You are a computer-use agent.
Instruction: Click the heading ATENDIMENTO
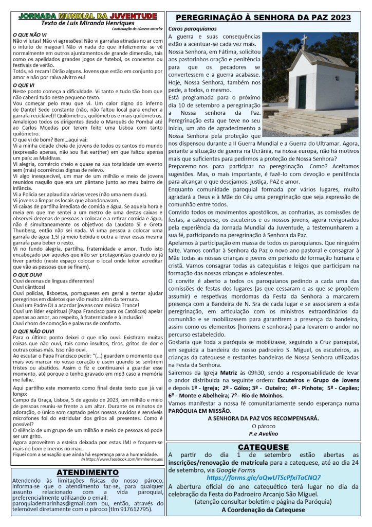[84, 472]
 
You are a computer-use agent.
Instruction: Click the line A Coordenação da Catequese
[263, 510]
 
